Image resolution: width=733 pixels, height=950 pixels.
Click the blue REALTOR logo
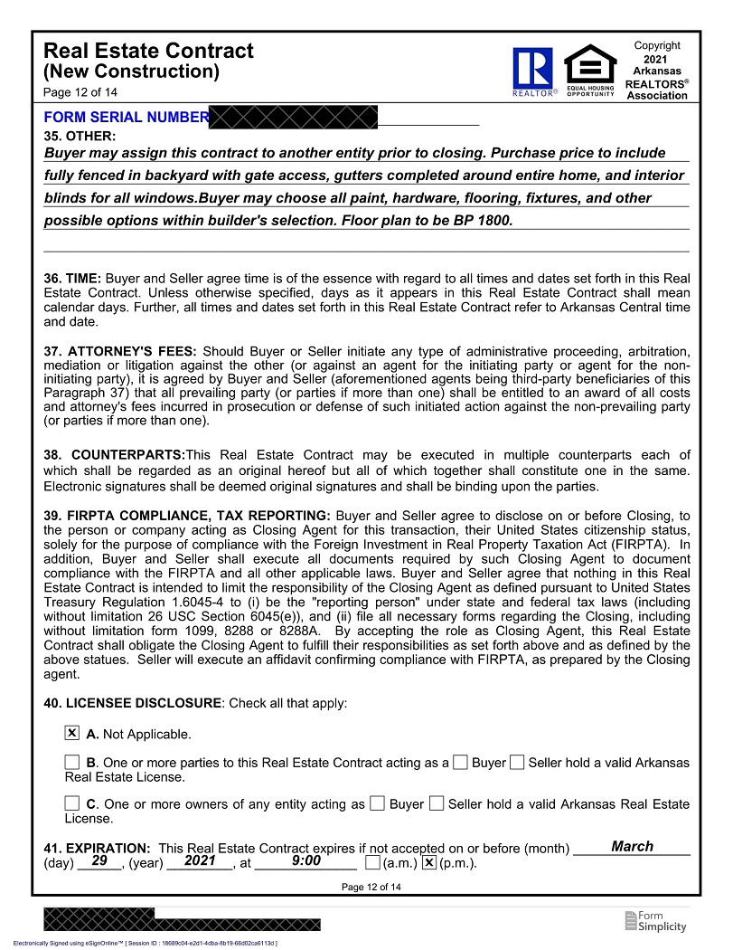point(533,71)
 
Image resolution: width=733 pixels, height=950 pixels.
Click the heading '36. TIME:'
point(72,279)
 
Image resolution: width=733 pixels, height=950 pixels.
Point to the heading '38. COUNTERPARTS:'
point(114,454)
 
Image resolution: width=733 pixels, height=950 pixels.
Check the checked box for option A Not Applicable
point(72,733)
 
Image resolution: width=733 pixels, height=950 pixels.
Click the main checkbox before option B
point(72,763)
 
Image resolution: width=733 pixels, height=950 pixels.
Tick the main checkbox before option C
point(72,803)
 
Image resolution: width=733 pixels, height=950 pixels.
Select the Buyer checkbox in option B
point(461,763)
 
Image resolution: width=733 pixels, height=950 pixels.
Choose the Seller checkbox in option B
point(517,763)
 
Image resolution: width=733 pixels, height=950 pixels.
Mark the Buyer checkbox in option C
point(378,803)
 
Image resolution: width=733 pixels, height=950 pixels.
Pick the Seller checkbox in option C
point(437,803)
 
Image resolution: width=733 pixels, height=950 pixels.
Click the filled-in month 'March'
point(632,847)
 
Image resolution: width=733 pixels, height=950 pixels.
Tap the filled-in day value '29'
point(99,861)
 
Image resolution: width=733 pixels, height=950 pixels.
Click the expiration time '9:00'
point(306,861)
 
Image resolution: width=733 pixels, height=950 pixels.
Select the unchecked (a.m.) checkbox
point(372,862)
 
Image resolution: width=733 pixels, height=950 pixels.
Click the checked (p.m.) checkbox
point(429,862)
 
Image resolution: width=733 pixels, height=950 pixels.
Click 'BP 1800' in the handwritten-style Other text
point(482,221)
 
